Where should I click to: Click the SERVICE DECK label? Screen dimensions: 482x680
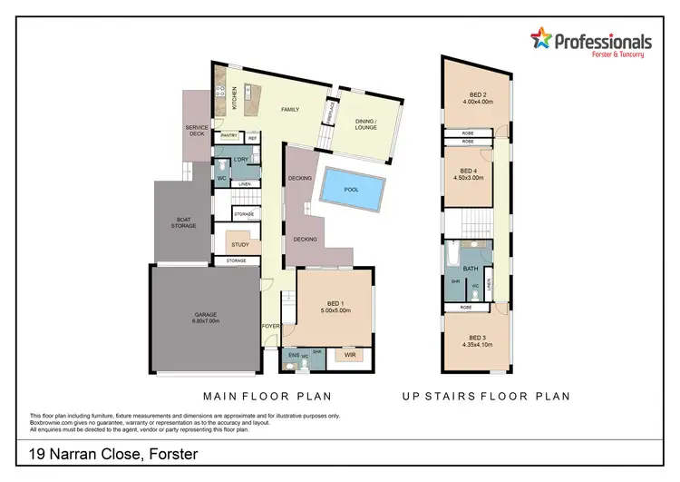click(198, 131)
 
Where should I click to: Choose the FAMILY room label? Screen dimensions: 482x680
click(289, 109)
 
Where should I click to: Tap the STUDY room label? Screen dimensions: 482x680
click(241, 244)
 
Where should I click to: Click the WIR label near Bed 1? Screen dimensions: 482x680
click(351, 356)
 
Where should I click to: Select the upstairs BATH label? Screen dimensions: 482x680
click(471, 269)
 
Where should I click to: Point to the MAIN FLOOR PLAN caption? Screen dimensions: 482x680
click(267, 396)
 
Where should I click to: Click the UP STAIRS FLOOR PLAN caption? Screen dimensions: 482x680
click(487, 396)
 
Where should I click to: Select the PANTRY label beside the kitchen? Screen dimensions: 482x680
click(228, 138)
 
